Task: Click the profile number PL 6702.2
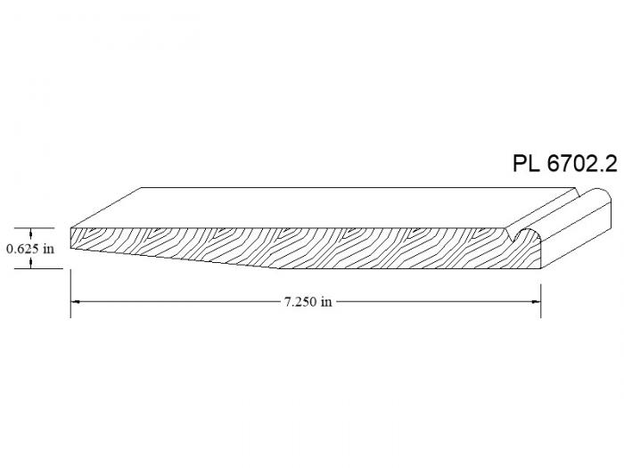click(x=565, y=163)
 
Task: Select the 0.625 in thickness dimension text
click(x=30, y=249)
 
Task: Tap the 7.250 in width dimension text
click(x=308, y=301)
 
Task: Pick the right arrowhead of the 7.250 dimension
click(x=536, y=301)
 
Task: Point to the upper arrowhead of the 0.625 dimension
click(x=30, y=233)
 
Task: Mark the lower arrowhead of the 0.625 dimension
click(x=30, y=264)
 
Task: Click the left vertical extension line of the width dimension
click(x=70, y=293)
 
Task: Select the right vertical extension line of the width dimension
click(x=541, y=301)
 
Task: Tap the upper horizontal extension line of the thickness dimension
click(x=34, y=228)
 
